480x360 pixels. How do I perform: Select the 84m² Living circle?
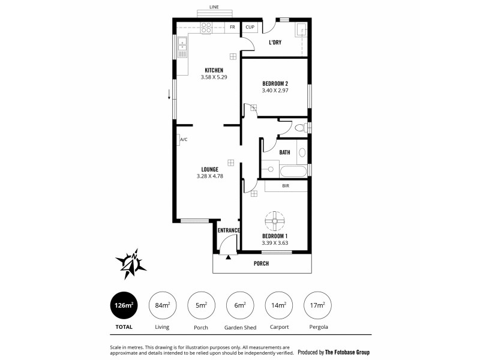(162, 305)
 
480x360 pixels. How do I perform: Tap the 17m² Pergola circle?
(317, 305)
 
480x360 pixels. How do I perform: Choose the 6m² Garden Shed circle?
(239, 305)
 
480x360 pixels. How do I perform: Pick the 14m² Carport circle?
(278, 305)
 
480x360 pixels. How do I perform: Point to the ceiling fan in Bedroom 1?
(275, 221)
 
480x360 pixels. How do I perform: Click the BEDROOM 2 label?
(275, 83)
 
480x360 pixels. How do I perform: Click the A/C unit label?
(184, 140)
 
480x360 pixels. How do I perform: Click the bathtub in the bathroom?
(293, 171)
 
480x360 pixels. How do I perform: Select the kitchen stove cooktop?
(206, 27)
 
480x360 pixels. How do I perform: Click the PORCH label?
(261, 264)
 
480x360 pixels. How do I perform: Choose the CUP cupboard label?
(250, 28)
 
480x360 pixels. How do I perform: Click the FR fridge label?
(232, 28)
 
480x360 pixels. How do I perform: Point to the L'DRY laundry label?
(275, 43)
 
